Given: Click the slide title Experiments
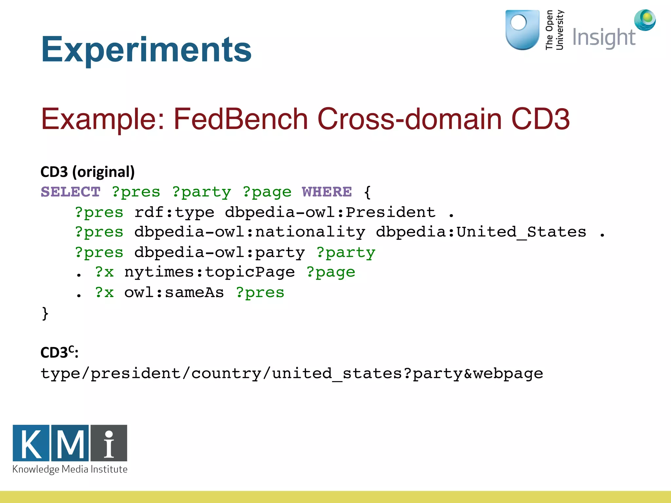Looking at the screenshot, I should point(146,50).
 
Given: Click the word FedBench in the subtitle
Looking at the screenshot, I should point(240,119).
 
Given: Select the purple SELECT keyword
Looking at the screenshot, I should point(70,192).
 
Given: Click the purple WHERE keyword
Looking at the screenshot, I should point(327,192).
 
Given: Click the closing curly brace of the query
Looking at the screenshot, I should point(45,313).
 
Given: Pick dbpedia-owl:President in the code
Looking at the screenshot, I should point(330,213).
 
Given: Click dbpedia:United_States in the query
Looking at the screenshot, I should point(481,232).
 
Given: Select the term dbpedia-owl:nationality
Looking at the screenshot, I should point(250,232).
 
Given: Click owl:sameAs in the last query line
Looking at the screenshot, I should point(174,293).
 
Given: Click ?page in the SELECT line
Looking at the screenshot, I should point(267,192).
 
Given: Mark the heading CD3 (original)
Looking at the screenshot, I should point(87,172).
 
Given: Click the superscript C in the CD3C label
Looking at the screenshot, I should point(71,348).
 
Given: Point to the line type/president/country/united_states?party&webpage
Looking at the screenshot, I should point(292,374).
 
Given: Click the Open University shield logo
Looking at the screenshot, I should point(522,29).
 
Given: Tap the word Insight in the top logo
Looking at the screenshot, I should point(604,38).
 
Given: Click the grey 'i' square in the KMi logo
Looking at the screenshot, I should point(109,443).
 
